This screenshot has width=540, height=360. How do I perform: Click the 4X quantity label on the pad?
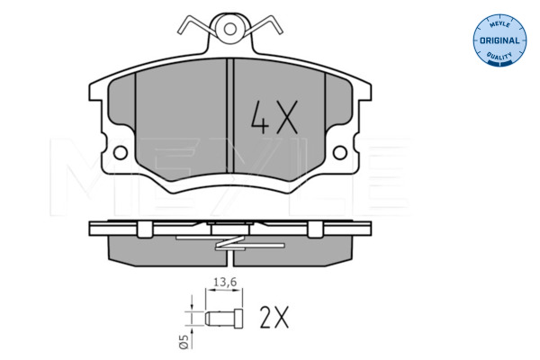coord(274,117)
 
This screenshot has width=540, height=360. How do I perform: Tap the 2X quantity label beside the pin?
coord(274,318)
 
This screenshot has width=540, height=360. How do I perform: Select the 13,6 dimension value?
coord(225,283)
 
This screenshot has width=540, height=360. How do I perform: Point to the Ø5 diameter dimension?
coord(184,342)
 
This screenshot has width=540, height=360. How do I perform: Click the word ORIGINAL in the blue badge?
coord(499,40)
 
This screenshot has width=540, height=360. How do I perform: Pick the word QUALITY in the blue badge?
coord(499,57)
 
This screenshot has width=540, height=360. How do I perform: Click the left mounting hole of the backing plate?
coord(121,153)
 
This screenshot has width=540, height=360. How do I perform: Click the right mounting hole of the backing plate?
coord(340,153)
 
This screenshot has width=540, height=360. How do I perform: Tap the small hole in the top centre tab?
coord(229,29)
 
